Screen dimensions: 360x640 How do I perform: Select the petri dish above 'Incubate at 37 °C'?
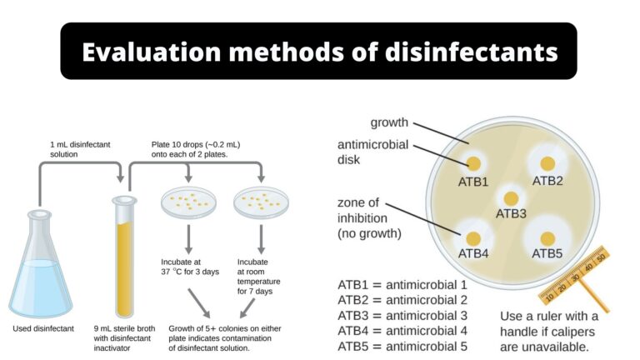(188, 202)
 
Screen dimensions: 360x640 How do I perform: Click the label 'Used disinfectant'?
(43, 328)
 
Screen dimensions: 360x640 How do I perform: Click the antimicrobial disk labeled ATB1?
(473, 163)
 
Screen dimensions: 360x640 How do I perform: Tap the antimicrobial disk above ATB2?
(547, 162)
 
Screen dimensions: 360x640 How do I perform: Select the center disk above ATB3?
(510, 197)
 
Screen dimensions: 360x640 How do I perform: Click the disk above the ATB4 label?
(473, 237)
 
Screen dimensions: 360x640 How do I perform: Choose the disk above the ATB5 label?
(547, 237)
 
